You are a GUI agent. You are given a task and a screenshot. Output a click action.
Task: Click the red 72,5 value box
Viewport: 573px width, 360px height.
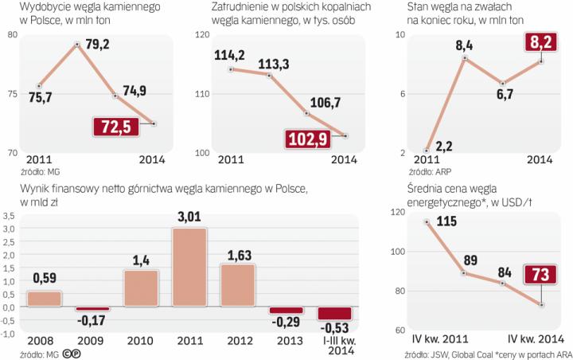115,127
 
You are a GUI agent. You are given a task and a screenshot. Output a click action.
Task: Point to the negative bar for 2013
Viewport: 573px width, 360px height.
286,311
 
